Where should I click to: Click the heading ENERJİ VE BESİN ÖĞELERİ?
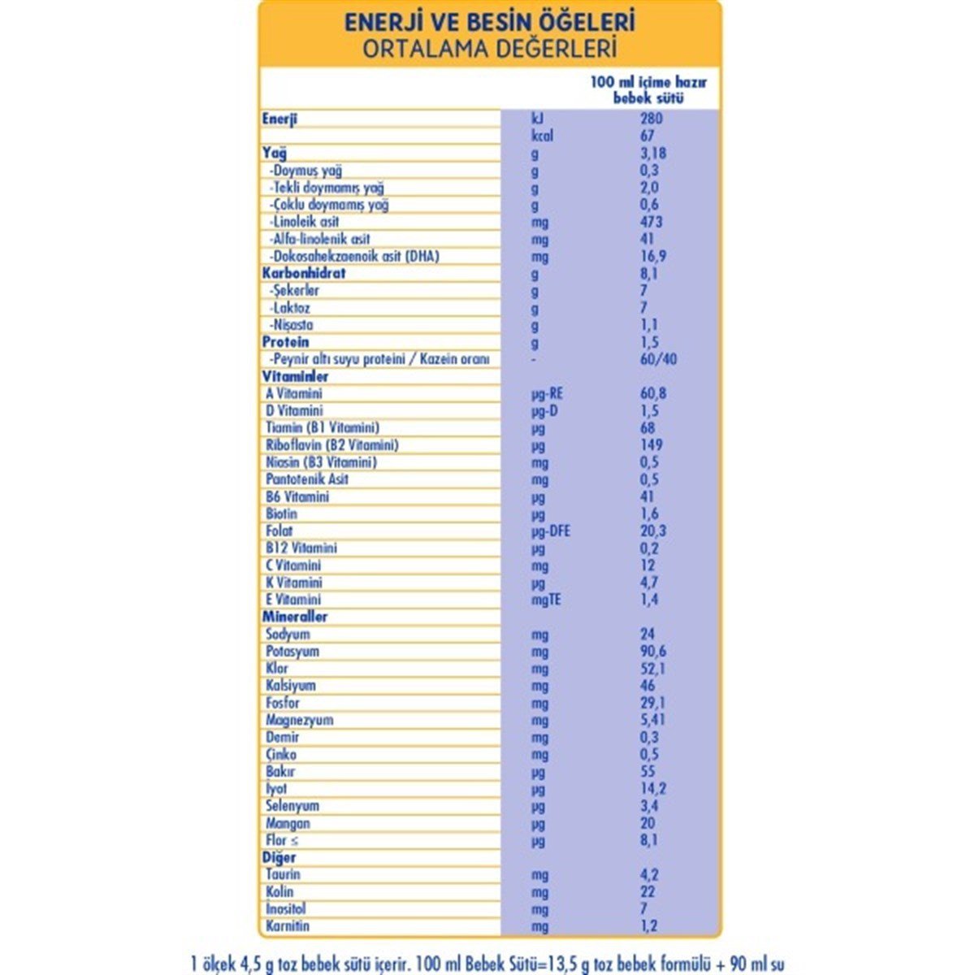(x=489, y=21)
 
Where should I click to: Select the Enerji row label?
(x=280, y=119)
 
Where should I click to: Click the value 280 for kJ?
(x=651, y=119)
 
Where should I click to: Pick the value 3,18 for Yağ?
(x=655, y=154)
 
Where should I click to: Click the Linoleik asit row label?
(x=305, y=222)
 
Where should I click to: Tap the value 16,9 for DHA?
(x=654, y=257)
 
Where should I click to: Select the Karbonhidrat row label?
(x=304, y=274)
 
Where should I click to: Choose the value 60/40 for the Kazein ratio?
(x=658, y=359)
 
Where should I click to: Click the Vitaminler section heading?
(x=296, y=377)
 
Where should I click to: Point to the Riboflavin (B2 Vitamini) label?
(x=331, y=445)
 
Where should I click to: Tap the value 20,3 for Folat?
(x=653, y=531)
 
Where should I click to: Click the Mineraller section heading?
(x=295, y=617)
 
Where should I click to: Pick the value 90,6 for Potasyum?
(x=654, y=652)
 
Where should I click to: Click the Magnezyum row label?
(x=299, y=721)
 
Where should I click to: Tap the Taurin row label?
(x=283, y=875)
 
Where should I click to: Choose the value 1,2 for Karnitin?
(x=649, y=926)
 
